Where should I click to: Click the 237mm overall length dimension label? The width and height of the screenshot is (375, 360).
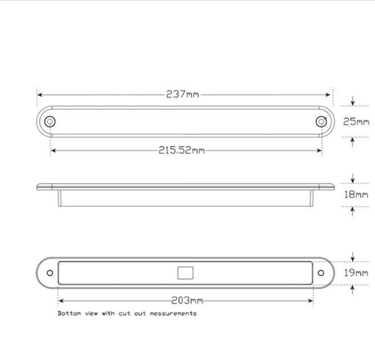click(x=183, y=94)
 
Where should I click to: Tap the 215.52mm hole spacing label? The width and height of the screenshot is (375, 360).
click(x=182, y=150)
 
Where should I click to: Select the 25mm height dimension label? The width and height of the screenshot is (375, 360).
click(x=356, y=122)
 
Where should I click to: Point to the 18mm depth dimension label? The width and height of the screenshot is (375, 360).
click(x=356, y=194)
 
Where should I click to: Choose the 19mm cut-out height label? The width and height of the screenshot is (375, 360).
click(x=356, y=273)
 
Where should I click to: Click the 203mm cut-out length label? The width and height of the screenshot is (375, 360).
click(x=187, y=301)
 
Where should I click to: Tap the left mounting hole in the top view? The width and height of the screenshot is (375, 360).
click(x=50, y=122)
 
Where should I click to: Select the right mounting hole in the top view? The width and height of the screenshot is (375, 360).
click(x=321, y=122)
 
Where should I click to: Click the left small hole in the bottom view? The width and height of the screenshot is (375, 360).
click(x=50, y=273)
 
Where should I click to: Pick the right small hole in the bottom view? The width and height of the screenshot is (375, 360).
click(x=321, y=273)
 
